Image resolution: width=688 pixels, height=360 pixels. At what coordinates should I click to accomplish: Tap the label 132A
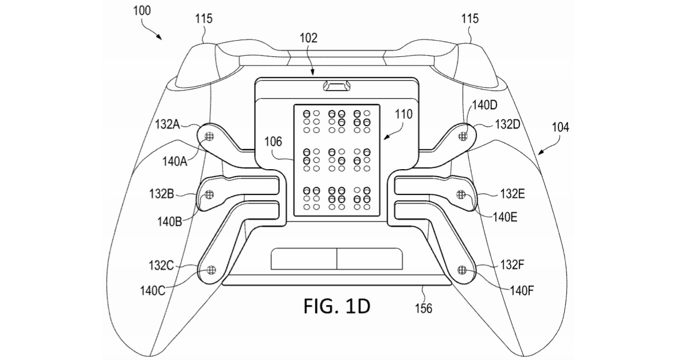click(168, 124)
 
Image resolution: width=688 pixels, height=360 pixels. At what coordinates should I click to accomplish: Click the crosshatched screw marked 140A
click(209, 135)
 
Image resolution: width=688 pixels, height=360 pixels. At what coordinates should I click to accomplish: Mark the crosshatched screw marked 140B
click(209, 195)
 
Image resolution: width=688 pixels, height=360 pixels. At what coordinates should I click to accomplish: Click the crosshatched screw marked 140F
click(463, 269)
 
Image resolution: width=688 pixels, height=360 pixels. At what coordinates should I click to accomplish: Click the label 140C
click(152, 291)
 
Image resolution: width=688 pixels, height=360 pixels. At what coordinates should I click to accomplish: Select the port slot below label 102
click(339, 86)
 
